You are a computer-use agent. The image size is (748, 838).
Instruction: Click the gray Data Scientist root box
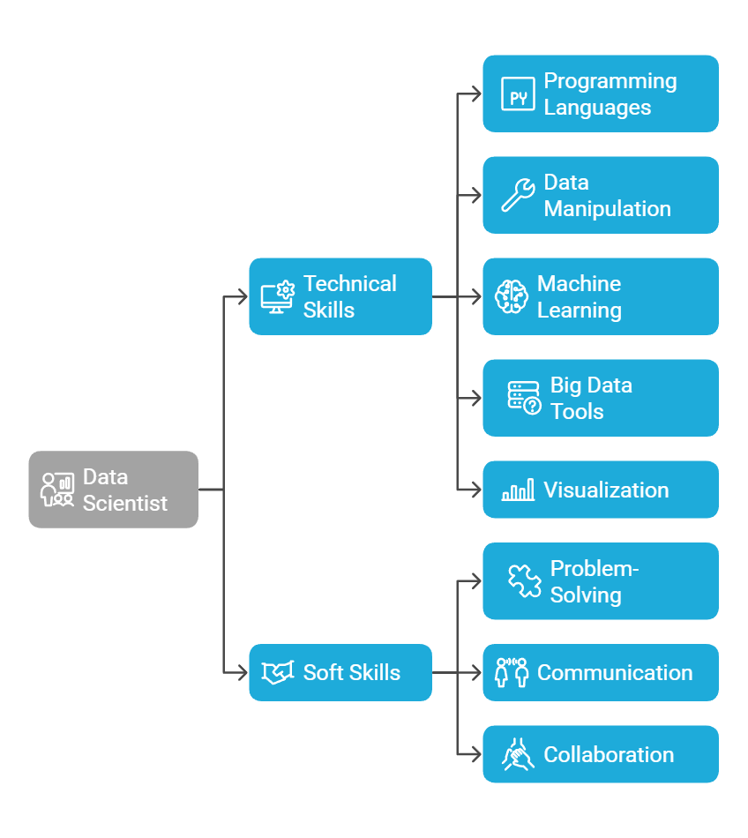point(113,490)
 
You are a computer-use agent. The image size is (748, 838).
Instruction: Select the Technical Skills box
point(340,296)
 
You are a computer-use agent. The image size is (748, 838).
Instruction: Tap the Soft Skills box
point(340,672)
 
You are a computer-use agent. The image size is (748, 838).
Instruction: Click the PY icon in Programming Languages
point(518,94)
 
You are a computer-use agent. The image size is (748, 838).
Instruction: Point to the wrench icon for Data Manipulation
point(518,195)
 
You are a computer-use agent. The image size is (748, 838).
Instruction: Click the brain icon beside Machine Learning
point(512,296)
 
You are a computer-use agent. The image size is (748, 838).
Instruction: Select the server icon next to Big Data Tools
point(524,398)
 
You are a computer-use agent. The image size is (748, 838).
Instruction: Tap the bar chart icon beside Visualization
point(518,490)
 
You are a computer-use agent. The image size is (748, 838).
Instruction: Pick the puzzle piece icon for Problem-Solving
point(524,581)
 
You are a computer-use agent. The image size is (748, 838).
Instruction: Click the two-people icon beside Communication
point(512,672)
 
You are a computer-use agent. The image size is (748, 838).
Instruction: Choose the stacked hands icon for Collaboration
point(518,754)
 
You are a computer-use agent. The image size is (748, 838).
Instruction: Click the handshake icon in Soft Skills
point(278,672)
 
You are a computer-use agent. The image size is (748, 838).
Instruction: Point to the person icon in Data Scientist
point(57,490)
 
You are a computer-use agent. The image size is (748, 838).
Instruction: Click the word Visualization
point(606,490)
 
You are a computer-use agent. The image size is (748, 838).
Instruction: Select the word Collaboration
point(609,754)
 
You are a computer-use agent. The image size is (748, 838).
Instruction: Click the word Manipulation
point(607,209)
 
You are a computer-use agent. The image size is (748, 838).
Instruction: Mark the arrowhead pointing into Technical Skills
point(243,296)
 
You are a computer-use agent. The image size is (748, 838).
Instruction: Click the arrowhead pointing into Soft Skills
point(243,672)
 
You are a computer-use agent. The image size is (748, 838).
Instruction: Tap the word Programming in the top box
point(610,81)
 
